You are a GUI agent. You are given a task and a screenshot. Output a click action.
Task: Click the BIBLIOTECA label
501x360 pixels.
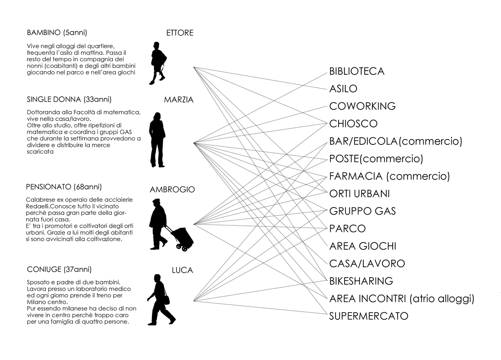point(357,71)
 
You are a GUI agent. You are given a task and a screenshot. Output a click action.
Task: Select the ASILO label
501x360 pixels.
point(343,89)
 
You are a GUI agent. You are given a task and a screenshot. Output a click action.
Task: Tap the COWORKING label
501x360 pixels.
point(362,106)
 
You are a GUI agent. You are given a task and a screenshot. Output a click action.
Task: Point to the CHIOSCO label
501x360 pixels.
point(353,123)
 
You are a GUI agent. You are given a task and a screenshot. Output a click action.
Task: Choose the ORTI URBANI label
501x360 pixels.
point(359,193)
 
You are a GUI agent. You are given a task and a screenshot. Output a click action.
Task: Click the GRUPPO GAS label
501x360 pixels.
point(362,211)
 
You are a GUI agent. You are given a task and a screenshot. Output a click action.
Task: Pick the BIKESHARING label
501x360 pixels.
point(361,281)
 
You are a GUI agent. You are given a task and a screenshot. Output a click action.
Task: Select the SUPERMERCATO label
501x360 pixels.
point(369,316)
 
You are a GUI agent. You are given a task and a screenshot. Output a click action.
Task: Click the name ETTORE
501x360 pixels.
point(180,33)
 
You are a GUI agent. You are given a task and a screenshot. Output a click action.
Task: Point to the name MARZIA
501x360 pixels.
point(179,100)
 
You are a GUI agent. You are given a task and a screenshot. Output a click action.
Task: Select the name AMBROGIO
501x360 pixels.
point(172,189)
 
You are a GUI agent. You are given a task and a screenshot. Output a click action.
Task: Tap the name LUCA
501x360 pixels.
point(183,270)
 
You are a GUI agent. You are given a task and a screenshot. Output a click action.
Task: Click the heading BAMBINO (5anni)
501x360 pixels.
point(57,32)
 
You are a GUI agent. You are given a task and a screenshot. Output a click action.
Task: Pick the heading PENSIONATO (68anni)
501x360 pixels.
point(64,187)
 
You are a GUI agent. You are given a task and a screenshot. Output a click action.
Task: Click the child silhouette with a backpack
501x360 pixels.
point(158,63)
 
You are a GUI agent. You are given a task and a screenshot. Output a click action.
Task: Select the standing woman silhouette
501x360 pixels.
point(157,139)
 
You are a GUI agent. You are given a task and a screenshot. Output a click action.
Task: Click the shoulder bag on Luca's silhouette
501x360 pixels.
point(166,299)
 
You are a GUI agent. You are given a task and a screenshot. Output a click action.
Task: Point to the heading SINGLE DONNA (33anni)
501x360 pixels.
point(69,99)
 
